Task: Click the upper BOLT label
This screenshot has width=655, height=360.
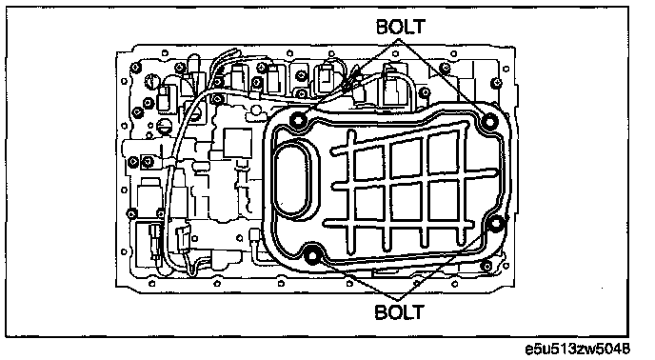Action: [x=400, y=27]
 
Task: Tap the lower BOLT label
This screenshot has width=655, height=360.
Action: [x=399, y=312]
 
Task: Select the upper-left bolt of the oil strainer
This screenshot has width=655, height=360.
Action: [x=298, y=121]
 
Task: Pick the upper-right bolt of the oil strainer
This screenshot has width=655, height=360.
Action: [x=488, y=122]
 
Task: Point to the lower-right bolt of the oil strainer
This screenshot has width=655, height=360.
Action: [x=495, y=225]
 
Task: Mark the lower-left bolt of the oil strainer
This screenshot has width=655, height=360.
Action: [x=312, y=256]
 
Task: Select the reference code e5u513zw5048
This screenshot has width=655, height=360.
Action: [x=577, y=349]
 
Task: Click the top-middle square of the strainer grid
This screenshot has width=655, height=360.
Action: [x=406, y=159]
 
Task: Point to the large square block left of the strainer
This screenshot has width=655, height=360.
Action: [x=238, y=143]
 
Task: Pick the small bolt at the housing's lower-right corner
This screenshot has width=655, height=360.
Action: [x=486, y=266]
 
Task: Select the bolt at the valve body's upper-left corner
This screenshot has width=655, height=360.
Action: [x=135, y=68]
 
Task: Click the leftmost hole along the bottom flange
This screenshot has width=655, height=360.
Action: [x=151, y=284]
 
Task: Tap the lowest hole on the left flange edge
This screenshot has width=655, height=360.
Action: [x=123, y=252]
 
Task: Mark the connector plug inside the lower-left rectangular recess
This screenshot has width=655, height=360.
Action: [x=154, y=238]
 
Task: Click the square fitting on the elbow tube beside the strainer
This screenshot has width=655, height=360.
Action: [x=254, y=236]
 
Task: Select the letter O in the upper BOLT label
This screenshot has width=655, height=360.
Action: [x=395, y=27]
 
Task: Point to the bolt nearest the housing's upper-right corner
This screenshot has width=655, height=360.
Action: [x=497, y=83]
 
